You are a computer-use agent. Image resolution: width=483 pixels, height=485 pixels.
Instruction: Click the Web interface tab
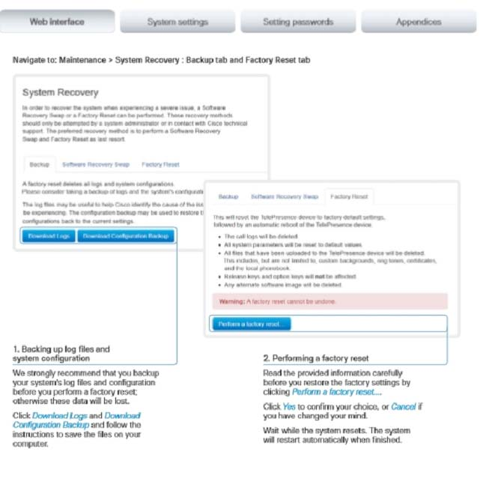pos(57,22)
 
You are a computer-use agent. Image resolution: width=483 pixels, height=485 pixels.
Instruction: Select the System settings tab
pos(177,22)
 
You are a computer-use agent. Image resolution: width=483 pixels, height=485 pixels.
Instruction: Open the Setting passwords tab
pos(298,22)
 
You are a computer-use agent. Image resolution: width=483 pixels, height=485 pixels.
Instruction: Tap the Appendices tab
pos(419,22)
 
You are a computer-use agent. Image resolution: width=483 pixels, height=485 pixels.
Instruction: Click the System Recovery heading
pos(60,92)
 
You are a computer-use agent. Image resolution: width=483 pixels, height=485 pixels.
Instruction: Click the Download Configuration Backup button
pos(126,236)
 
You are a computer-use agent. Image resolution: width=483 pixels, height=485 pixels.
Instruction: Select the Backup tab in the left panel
pos(39,164)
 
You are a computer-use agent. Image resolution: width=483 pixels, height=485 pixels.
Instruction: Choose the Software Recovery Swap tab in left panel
pos(96,164)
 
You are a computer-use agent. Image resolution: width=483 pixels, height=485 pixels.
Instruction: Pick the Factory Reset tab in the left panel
pos(160,164)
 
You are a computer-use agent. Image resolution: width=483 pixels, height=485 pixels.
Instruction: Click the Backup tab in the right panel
pos(228,197)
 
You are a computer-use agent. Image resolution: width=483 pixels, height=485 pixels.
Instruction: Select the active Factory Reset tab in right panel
pos(349,197)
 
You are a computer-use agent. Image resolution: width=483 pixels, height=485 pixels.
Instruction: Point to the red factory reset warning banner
pos(329,301)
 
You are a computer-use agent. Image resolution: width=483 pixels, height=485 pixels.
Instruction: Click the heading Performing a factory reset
pos(315,358)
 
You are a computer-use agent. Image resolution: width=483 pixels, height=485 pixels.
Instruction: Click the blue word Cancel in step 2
pos(403,406)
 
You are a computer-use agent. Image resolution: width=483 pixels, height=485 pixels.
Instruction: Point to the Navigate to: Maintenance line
pos(161,60)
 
